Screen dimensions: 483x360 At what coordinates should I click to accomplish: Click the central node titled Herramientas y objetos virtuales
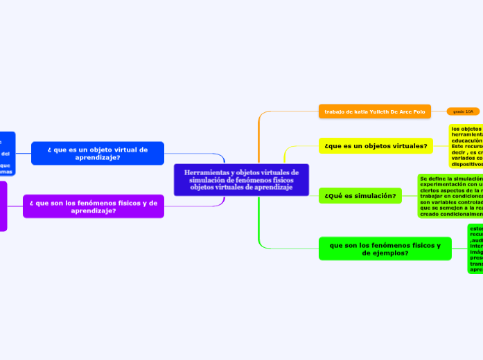pos(241,180)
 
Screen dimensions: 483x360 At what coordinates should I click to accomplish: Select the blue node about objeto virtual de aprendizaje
pos(98,153)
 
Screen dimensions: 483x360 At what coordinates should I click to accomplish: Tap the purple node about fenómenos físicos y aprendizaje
pos(94,206)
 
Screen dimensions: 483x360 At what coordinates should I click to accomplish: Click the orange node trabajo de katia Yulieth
pos(374,111)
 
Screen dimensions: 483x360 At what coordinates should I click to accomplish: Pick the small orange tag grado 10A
pos(463,111)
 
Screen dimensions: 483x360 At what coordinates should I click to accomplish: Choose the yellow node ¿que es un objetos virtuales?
pos(376,146)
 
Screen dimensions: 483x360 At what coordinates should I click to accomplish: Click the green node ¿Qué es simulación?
pos(360,196)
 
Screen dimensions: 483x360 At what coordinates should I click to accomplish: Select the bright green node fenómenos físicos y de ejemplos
pos(385,249)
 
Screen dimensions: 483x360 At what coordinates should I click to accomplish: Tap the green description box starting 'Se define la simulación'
pos(450,196)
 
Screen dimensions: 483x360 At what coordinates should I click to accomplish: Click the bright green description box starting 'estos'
pos(475,249)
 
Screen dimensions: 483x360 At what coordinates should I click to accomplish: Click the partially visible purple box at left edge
pos(3,206)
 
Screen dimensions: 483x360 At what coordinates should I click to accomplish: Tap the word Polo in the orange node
pos(419,111)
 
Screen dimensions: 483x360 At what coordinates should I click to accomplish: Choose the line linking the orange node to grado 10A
pos(439,111)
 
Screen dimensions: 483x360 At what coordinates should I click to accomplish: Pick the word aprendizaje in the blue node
pos(98,158)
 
